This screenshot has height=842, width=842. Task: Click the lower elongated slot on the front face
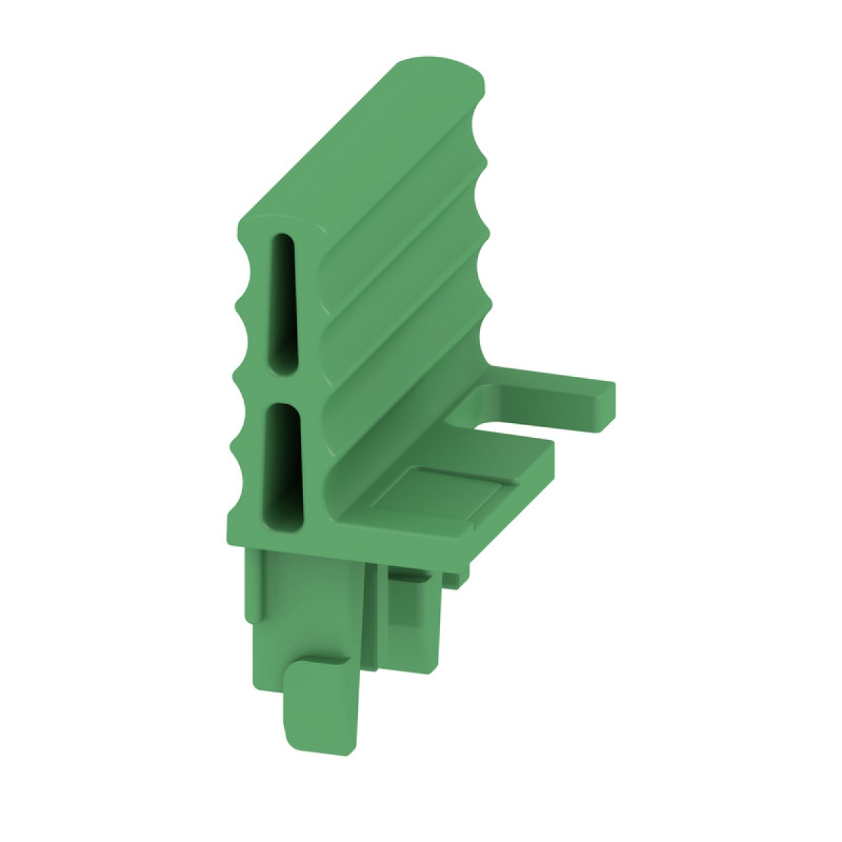283,463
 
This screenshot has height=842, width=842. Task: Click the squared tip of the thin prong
606,405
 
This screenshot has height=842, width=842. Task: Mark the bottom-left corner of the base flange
229,540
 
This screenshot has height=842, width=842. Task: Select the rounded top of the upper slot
283,239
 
